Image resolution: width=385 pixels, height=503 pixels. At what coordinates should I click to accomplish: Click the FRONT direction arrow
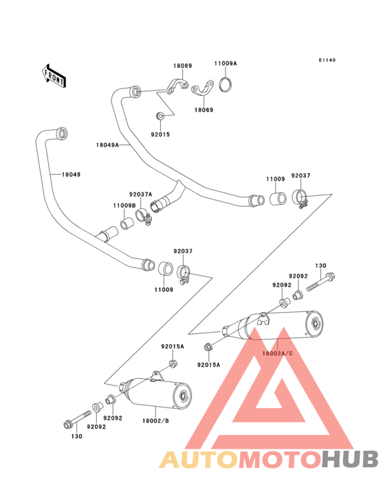pyautogui.click(x=54, y=76)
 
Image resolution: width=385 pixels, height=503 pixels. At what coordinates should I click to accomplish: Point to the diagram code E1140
pyautogui.click(x=327, y=60)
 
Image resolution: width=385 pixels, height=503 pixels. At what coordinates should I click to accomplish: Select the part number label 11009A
pyautogui.click(x=225, y=63)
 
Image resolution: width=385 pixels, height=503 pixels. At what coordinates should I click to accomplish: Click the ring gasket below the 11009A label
pyautogui.click(x=226, y=85)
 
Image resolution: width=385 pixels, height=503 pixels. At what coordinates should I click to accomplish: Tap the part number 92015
pyautogui.click(x=160, y=135)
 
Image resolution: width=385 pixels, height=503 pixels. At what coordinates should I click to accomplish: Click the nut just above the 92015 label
pyautogui.click(x=159, y=116)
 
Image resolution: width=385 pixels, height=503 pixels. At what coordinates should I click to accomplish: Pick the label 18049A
pyautogui.click(x=107, y=145)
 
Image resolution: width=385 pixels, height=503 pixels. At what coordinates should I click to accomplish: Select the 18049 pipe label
pyautogui.click(x=71, y=175)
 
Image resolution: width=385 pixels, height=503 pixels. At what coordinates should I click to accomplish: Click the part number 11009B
pyautogui.click(x=124, y=205)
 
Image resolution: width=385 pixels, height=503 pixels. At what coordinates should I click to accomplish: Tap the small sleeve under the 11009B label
pyautogui.click(x=127, y=223)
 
